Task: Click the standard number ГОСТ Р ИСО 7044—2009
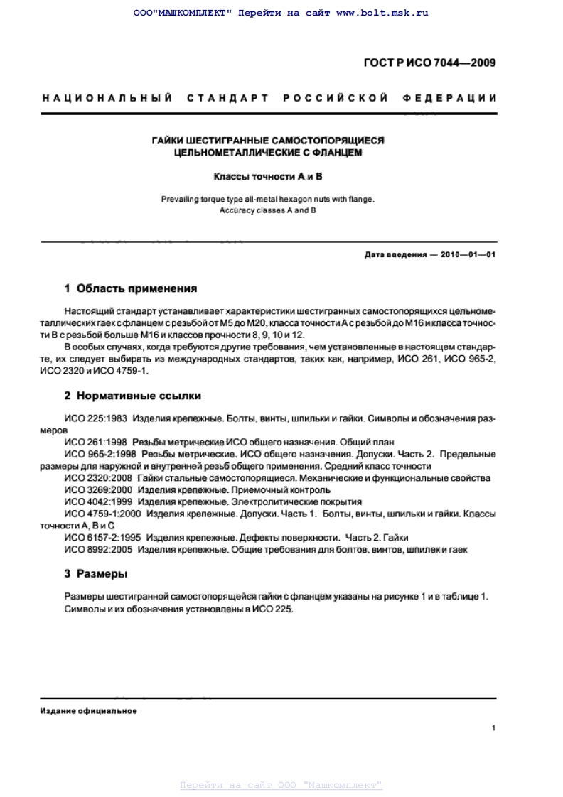[429, 63]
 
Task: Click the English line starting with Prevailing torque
[268, 200]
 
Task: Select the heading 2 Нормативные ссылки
[133, 395]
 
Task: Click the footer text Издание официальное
[89, 711]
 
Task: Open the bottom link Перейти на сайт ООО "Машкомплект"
[281, 785]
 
